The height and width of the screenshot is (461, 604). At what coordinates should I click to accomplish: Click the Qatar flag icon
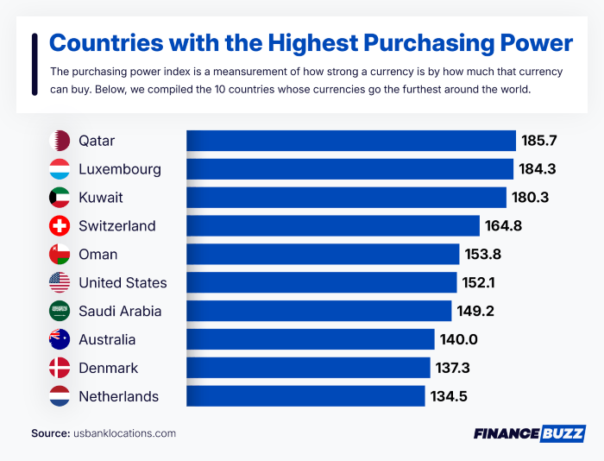(x=60, y=141)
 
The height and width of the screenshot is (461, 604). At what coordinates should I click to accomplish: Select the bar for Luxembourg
(x=349, y=169)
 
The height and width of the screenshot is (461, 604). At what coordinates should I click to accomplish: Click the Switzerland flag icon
(x=60, y=226)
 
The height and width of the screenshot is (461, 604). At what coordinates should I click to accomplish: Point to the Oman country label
(x=97, y=255)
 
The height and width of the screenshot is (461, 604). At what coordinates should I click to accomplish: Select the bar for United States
(x=321, y=283)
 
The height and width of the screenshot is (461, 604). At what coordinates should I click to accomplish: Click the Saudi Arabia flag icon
(x=60, y=312)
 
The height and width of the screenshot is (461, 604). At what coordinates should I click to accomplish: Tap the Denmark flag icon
(x=60, y=369)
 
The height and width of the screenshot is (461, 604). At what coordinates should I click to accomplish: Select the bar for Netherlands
(x=305, y=397)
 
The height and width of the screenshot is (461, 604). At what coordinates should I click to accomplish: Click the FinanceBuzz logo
(x=529, y=433)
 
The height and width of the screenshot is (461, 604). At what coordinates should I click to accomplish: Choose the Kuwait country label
(x=100, y=198)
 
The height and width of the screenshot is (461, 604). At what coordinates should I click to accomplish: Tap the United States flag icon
(x=60, y=283)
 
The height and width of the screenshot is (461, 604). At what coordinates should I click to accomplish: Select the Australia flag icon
(x=60, y=340)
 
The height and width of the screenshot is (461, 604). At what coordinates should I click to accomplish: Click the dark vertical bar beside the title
(x=34, y=64)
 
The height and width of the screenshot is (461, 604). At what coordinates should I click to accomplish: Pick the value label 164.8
(x=507, y=226)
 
